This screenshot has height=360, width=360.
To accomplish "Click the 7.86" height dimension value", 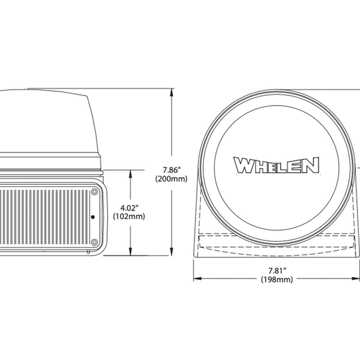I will click(x=171, y=170).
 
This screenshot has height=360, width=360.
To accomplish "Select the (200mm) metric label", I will click(x=171, y=179).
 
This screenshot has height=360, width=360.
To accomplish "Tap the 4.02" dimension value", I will click(x=128, y=208).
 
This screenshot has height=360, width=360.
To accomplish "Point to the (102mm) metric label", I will click(x=128, y=217).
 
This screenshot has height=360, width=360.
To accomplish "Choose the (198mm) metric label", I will click(x=276, y=280).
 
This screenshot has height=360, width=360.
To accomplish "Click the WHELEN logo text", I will click(x=276, y=165).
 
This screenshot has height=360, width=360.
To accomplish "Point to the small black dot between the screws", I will click(x=92, y=217).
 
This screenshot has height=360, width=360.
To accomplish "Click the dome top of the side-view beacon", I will click(x=42, y=96).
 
